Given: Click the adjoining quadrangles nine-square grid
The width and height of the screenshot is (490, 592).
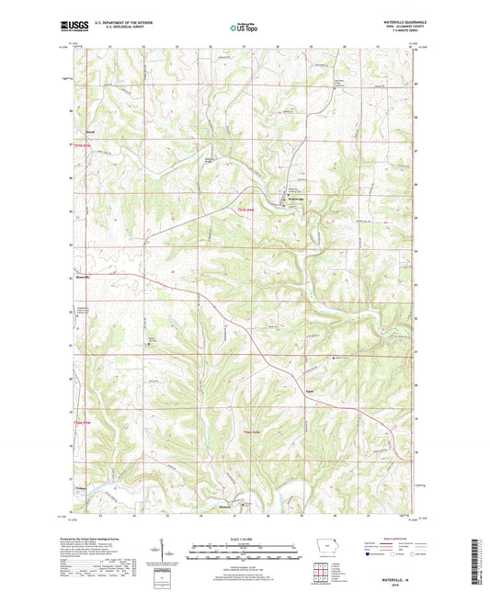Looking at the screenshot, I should tap(321, 567).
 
